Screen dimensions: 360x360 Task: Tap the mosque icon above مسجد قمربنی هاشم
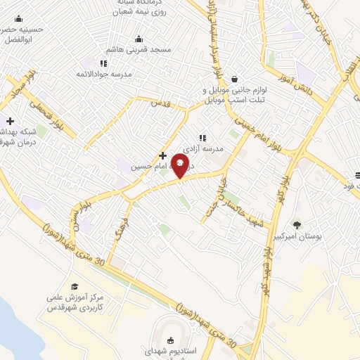[139, 39]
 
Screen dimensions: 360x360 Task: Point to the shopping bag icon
[233, 79]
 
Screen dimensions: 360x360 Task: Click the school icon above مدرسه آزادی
[202, 138]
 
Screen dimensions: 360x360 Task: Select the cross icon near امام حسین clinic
[162, 155]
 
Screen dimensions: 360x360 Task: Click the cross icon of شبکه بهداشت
[10, 121]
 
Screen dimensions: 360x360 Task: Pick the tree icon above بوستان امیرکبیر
[296, 225]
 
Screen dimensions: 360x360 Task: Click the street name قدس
[161, 104]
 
